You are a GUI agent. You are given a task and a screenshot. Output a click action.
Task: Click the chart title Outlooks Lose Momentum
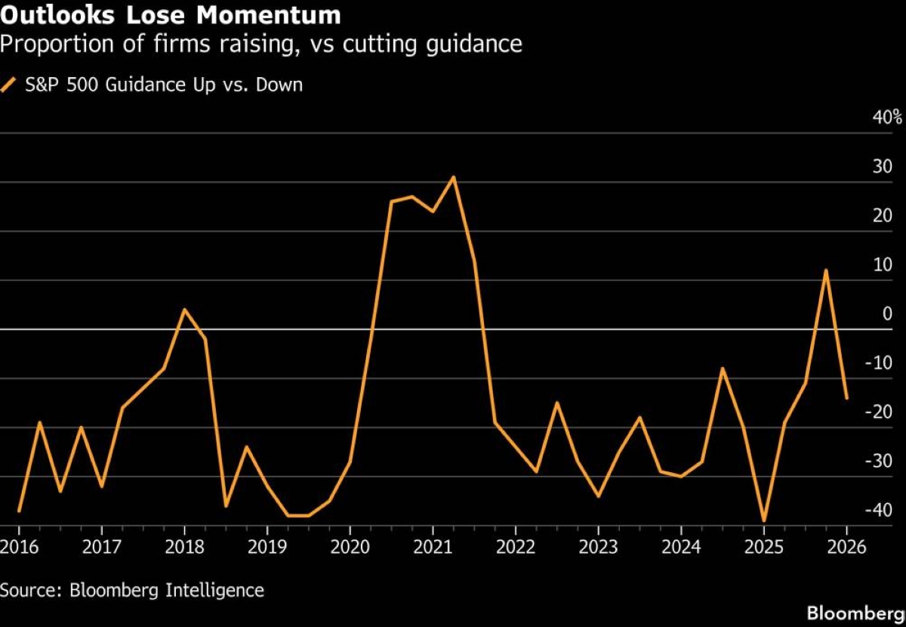point(170,14)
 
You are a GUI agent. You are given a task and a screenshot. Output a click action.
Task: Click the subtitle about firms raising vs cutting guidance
point(261,45)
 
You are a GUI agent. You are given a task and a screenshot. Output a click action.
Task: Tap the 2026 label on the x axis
point(846,546)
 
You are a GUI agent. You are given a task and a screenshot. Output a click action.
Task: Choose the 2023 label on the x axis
point(599,546)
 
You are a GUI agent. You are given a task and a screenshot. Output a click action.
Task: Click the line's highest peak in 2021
point(454,178)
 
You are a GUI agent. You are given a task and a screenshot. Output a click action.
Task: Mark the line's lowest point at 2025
point(764,520)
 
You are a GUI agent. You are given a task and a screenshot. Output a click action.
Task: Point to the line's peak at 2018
point(184,310)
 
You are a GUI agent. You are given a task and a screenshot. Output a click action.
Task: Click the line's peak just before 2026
point(826,270)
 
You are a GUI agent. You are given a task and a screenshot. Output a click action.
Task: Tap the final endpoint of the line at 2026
point(846,398)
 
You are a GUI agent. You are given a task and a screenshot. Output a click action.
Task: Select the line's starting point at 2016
point(19,511)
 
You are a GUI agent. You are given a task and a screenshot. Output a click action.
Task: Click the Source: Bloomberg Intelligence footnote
point(132,589)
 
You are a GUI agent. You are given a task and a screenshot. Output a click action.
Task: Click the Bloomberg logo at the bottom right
point(855,613)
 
